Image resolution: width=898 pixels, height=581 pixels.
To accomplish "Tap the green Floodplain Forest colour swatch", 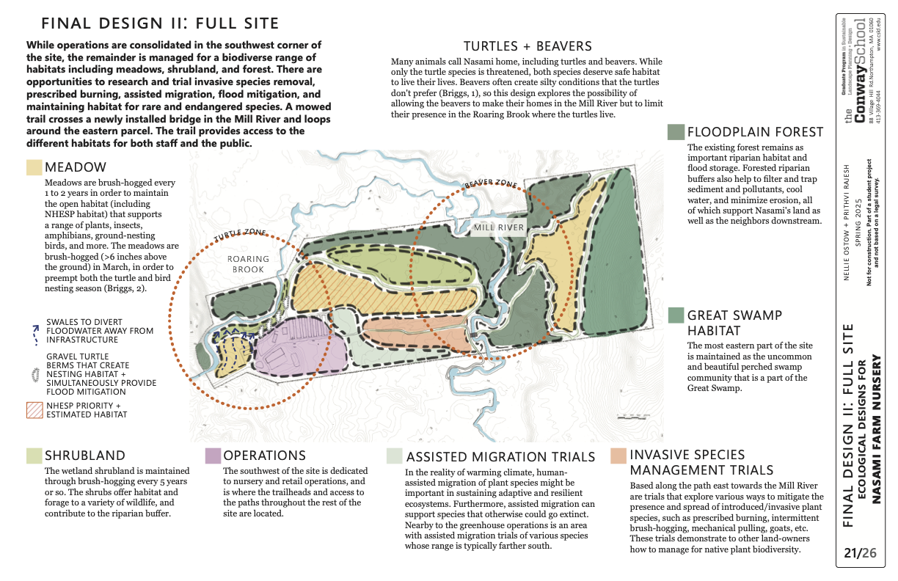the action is pyautogui.click(x=676, y=132).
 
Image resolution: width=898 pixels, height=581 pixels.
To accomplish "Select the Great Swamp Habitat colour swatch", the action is pyautogui.click(x=676, y=315).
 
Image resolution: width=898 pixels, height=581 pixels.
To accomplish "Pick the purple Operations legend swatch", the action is pyautogui.click(x=213, y=456).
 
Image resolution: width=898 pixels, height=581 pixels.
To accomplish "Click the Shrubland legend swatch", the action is pyautogui.click(x=34, y=456).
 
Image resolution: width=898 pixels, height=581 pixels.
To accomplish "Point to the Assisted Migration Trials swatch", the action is pyautogui.click(x=395, y=456).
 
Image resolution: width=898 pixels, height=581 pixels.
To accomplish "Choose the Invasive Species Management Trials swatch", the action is pyautogui.click(x=618, y=456).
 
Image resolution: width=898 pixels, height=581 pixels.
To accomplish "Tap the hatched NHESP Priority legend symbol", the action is pyautogui.click(x=34, y=409).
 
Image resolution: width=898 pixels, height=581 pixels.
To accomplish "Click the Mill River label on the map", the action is pyautogui.click(x=499, y=227).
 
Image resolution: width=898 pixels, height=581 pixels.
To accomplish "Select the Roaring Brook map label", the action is pyautogui.click(x=249, y=264).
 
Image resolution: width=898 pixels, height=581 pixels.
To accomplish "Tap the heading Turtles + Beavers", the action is pyautogui.click(x=528, y=46).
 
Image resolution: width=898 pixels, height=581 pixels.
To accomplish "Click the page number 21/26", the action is pyautogui.click(x=860, y=552).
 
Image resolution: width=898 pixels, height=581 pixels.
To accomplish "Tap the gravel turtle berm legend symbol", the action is pyautogui.click(x=34, y=373).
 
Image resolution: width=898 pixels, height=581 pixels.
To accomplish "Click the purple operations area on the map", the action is pyautogui.click(x=301, y=345).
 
